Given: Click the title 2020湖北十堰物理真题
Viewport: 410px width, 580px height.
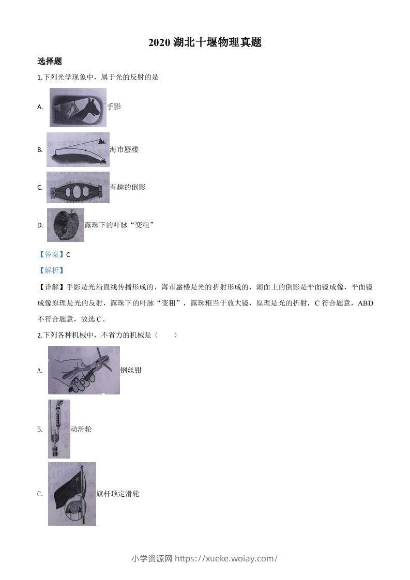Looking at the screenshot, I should click(205, 42).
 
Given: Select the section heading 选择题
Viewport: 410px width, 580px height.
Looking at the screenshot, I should click(50, 61).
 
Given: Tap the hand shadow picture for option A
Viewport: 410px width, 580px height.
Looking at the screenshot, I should click(78, 107).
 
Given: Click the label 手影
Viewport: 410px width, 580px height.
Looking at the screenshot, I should click(114, 106).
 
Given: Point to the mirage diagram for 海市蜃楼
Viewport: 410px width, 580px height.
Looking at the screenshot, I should click(78, 149).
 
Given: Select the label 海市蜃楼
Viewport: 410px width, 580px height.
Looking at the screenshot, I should click(124, 149).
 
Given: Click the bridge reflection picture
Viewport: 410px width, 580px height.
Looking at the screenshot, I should click(78, 187).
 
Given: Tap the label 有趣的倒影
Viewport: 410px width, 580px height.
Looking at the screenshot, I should click(128, 187).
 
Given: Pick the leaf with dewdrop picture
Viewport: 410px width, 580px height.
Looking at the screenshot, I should click(66, 225).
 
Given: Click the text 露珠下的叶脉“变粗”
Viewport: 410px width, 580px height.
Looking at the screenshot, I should click(120, 225).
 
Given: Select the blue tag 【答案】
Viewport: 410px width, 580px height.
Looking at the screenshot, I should click(51, 254).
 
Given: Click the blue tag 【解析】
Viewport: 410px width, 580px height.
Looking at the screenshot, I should click(51, 270).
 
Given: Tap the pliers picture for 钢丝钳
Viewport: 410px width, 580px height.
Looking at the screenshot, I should click(84, 370).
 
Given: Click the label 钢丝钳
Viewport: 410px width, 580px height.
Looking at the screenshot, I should click(131, 370).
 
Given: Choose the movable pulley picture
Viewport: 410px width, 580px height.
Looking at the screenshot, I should click(59, 429).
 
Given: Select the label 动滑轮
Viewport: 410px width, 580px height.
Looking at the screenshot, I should click(81, 429).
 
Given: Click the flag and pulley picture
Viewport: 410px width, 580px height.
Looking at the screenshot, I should click(72, 494).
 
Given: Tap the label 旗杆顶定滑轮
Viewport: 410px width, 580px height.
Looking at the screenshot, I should click(118, 494).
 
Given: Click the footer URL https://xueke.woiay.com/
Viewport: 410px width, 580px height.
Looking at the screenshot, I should click(226, 558).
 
